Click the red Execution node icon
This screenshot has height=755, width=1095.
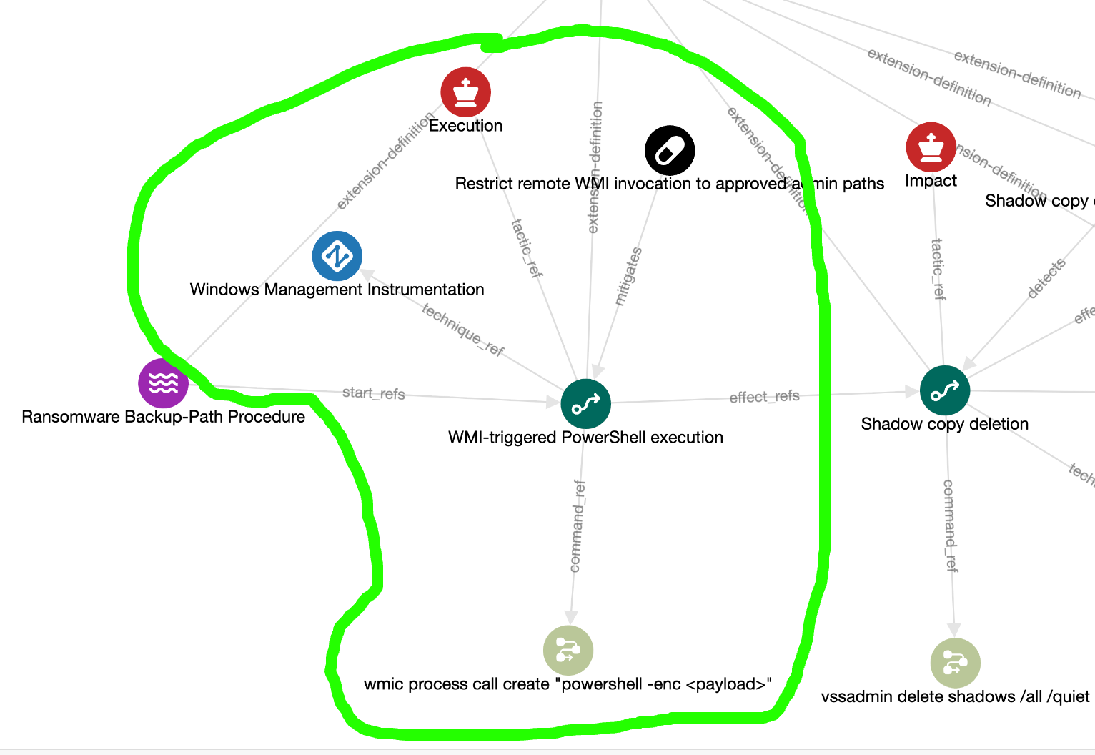[466, 92]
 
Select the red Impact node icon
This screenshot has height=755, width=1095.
[931, 147]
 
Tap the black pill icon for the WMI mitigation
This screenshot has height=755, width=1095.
[670, 151]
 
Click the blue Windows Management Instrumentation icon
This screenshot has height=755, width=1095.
[337, 256]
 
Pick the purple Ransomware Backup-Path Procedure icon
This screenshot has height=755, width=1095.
[164, 383]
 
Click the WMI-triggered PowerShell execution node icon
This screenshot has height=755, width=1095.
[586, 404]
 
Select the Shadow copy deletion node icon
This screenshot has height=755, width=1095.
[945, 390]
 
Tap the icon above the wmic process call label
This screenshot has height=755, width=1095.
[568, 651]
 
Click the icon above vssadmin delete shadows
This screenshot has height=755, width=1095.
[956, 663]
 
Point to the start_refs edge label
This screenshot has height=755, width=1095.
[373, 393]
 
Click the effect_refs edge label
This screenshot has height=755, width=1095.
[764, 397]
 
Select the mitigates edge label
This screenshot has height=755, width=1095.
[628, 277]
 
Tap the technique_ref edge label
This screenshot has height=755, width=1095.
[463, 330]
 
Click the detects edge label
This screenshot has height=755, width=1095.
[1046, 278]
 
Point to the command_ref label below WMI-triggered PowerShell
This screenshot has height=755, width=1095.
[577, 526]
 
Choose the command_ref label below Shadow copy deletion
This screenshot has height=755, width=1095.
[950, 525]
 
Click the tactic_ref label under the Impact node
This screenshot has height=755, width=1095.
[938, 269]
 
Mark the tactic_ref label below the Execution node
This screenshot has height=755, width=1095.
[527, 248]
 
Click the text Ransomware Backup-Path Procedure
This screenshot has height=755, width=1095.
[164, 417]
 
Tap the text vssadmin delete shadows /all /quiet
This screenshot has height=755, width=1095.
[955, 697]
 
